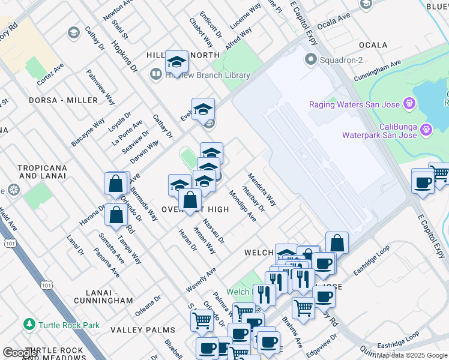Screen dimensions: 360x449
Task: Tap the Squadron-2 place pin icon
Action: pyautogui.click(x=311, y=59)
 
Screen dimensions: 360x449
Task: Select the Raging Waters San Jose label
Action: pyautogui.click(x=355, y=104)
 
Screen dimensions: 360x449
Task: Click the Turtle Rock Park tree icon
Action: pyautogui.click(x=29, y=325)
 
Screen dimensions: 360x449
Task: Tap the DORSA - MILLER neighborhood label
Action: pyautogui.click(x=63, y=100)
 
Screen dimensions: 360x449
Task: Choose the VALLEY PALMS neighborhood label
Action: pyautogui.click(x=143, y=330)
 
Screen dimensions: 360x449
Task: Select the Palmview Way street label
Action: pyautogui.click(x=100, y=87)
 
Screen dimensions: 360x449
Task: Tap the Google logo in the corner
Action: pyautogui.click(x=20, y=353)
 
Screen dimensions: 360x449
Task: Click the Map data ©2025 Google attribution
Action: pyautogui.click(x=412, y=355)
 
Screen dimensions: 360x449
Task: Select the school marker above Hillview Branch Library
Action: pyautogui.click(x=176, y=62)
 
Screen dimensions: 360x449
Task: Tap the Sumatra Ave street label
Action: pyautogui.click(x=112, y=248)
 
